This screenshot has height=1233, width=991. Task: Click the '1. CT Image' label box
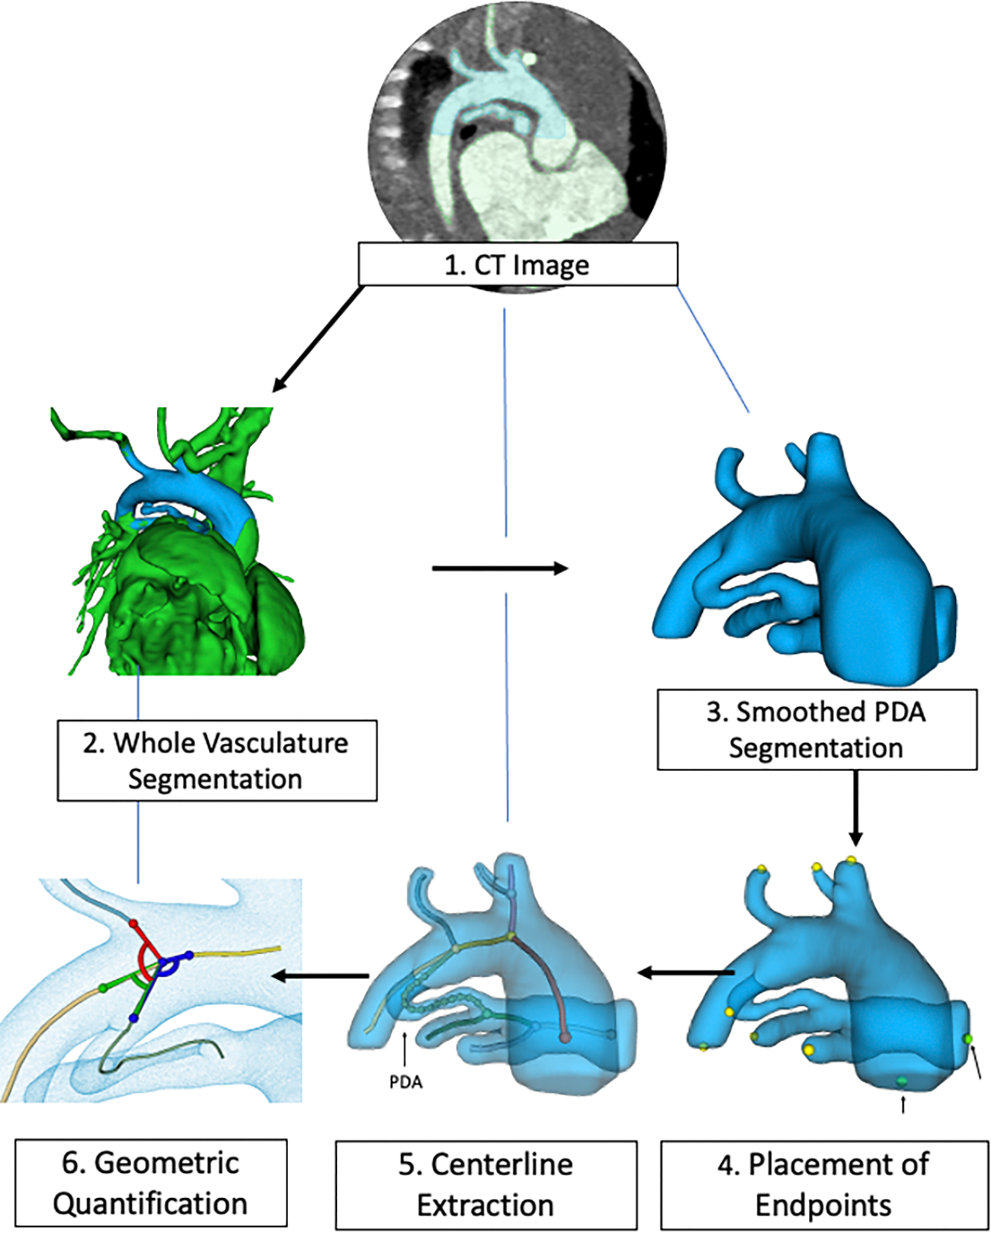pos(517,264)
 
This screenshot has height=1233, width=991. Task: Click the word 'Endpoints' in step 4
pos(823,1205)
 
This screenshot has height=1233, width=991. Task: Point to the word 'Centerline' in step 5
pos(502,1164)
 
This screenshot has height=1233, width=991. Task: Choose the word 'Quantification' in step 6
pos(150,1204)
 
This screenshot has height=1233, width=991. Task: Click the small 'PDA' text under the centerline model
pos(405,1082)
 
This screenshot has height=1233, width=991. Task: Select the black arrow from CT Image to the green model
pos(318,338)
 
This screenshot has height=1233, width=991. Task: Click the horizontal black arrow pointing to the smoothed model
pos(499,569)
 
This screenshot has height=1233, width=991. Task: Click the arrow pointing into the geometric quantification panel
pos(321,976)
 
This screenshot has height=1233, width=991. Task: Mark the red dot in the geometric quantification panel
pos(134,924)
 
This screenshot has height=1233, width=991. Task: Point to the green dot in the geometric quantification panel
pos(103,987)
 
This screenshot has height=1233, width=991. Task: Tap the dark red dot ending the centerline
pos(565,1038)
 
